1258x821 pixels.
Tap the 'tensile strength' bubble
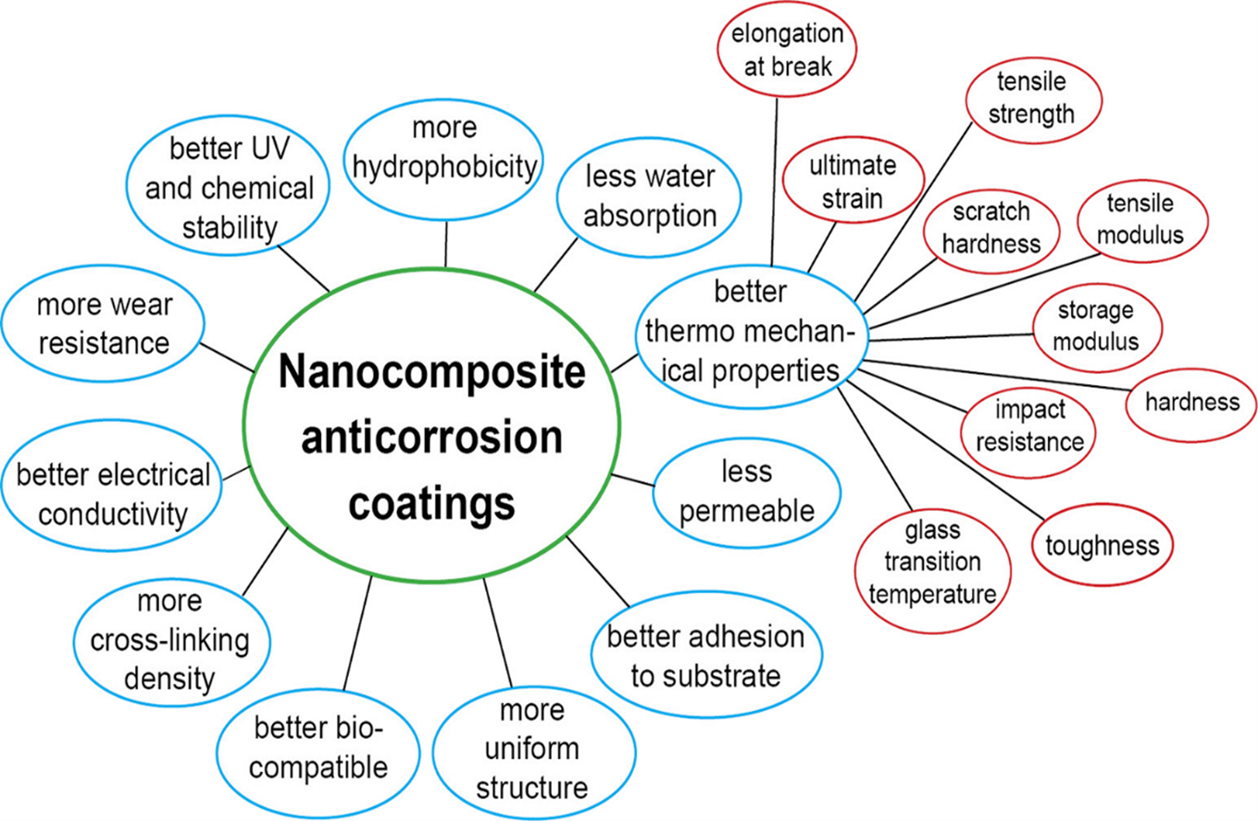1033,99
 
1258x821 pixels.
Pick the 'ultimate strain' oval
853,182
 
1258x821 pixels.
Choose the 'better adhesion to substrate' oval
705,656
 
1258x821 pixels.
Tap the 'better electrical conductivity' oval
111,494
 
